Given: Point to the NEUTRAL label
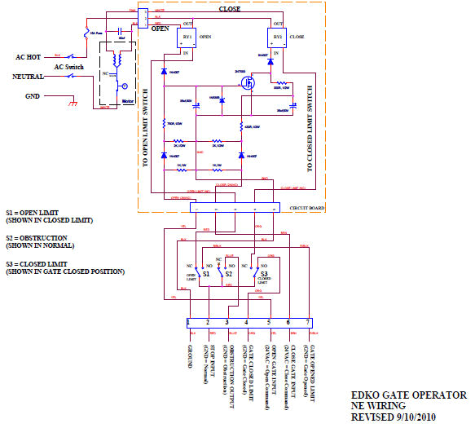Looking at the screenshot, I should (29, 77).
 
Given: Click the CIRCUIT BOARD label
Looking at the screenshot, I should (306, 208).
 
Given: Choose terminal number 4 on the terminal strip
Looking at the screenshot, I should (248, 323).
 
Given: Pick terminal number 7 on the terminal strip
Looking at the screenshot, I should (308, 323).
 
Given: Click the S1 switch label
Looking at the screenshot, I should (207, 274).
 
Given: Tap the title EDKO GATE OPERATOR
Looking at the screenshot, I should (409, 394).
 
